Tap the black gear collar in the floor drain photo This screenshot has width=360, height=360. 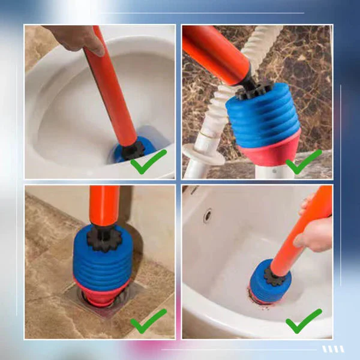(104, 238)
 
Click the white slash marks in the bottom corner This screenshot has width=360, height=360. (333, 349)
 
